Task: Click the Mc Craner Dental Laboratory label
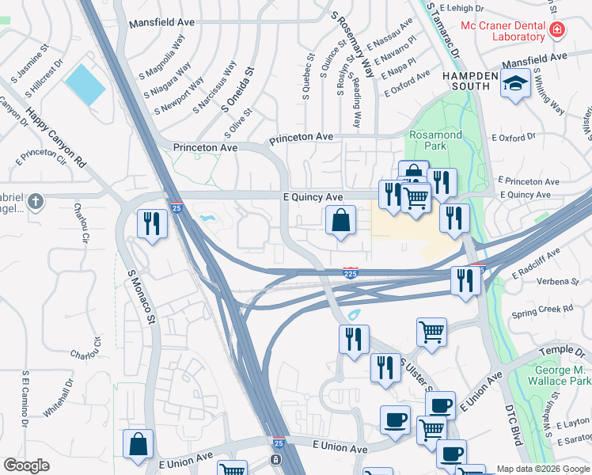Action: [503, 30]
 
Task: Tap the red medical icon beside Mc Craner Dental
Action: [557, 31]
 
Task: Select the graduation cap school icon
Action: [515, 84]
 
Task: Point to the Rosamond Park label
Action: [435, 141]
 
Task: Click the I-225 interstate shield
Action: [350, 273]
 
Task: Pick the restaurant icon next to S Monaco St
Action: [152, 222]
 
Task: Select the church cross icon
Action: [34, 202]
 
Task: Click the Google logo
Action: [26, 465]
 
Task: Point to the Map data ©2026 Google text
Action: [543, 469]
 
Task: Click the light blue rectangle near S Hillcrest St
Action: [85, 84]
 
